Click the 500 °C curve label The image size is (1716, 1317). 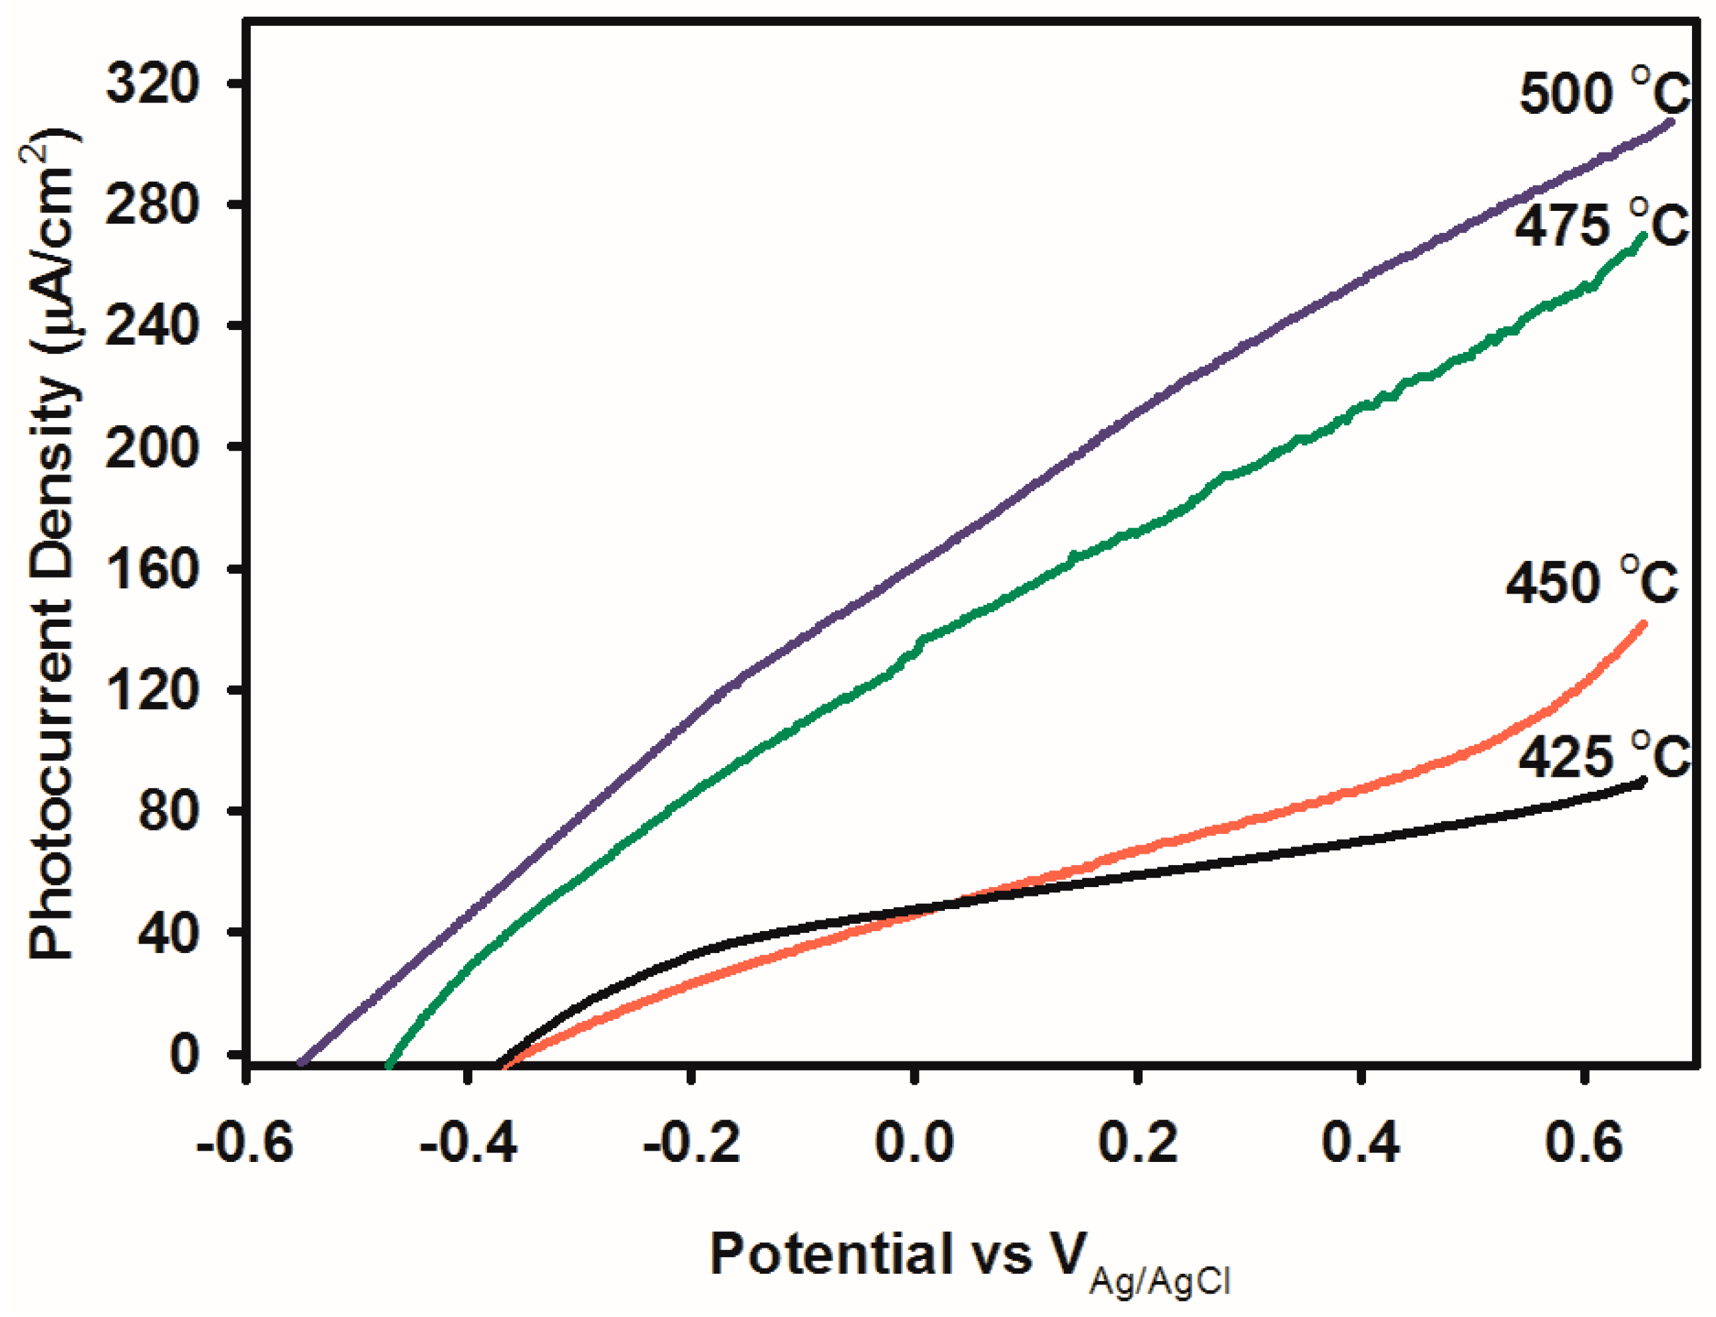(x=1603, y=94)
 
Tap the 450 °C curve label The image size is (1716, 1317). (x=1592, y=582)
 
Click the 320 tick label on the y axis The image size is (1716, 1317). (x=152, y=83)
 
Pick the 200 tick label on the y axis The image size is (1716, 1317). (x=152, y=448)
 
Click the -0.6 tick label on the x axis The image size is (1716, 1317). (x=245, y=1143)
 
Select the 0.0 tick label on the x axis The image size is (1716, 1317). (x=914, y=1143)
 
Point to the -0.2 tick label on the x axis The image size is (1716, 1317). (x=691, y=1143)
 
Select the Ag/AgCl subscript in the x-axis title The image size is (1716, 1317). (x=1160, y=1281)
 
